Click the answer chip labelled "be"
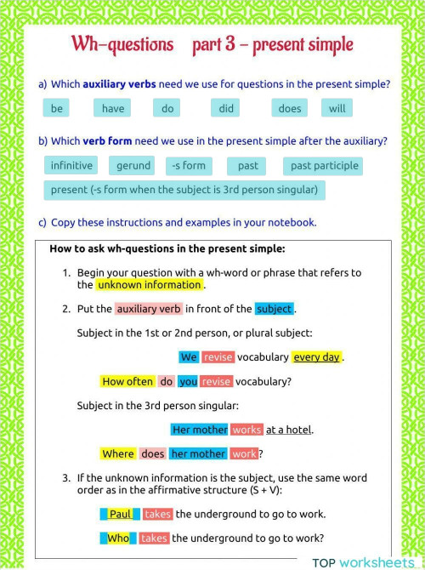[x=57, y=109]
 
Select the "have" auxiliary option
[x=113, y=109]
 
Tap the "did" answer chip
[x=226, y=109]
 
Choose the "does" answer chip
[x=289, y=109]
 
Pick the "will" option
[x=337, y=109]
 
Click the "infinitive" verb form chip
[x=71, y=166]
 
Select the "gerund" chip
[x=133, y=166]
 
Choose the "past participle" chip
[x=325, y=166]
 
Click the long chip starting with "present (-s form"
[x=184, y=190]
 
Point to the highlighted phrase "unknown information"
[x=149, y=285]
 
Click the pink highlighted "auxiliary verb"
[x=149, y=309]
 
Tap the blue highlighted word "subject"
[x=274, y=309]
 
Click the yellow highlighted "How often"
[x=127, y=382]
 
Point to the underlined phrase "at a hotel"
[x=289, y=430]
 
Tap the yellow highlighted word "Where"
[x=118, y=454]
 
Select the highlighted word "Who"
[x=118, y=539]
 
